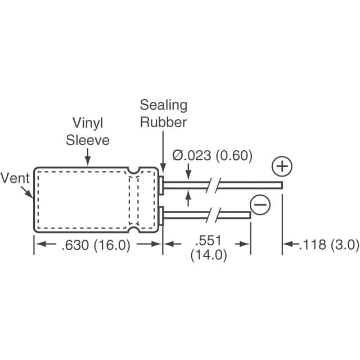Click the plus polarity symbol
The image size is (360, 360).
(282, 166)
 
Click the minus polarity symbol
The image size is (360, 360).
(259, 205)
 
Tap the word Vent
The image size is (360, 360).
(15, 178)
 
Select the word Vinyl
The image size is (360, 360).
(88, 123)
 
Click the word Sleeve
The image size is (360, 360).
(88, 139)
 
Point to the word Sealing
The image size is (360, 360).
(164, 105)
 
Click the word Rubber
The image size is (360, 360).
(164, 122)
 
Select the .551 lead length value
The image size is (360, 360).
(211, 240)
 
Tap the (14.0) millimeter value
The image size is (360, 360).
(208, 255)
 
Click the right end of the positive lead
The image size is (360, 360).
(280, 184)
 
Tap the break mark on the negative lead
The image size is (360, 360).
(213, 214)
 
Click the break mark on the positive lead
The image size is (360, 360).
(213, 184)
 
